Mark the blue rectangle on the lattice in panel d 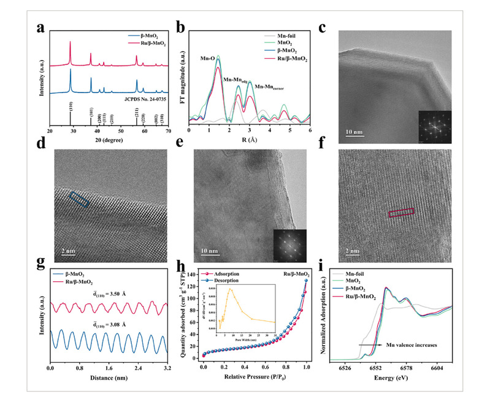[79, 200]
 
